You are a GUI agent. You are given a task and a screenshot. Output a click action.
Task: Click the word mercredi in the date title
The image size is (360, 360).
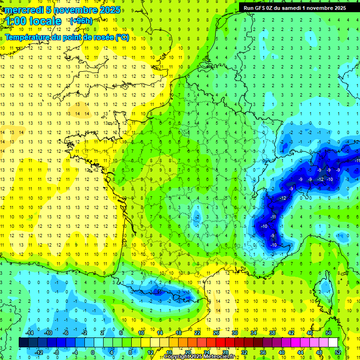[23, 10]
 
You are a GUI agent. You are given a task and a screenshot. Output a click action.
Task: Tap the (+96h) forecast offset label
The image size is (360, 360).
[81, 21]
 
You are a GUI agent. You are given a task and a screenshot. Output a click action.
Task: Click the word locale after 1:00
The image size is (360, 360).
[45, 21]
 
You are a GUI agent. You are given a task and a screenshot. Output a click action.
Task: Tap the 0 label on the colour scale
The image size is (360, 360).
[93, 352]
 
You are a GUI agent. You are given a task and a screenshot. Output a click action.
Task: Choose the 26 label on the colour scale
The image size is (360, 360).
[216, 333]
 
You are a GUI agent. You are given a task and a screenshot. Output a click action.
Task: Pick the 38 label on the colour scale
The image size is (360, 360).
[272, 333]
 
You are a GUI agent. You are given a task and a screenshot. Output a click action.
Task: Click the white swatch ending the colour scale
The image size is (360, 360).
[333, 343]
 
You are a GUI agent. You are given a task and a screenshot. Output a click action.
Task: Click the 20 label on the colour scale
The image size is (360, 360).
[188, 352]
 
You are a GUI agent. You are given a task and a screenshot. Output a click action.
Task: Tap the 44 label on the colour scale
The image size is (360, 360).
[300, 352]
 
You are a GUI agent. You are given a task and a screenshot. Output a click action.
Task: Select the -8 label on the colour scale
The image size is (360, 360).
[57, 352]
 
